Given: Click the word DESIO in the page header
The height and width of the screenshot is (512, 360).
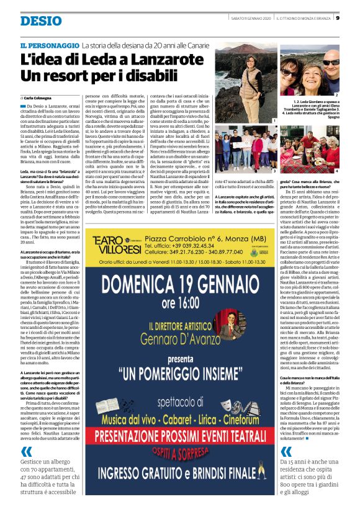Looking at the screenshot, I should [41, 20].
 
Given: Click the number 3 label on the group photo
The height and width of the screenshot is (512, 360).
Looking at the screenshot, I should [274, 169].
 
